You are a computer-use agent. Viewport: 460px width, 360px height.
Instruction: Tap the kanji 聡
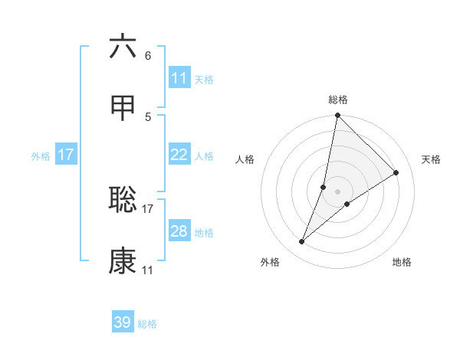123,200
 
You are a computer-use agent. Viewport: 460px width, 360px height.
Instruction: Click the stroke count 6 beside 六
147,55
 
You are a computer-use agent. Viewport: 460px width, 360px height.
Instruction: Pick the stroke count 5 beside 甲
147,116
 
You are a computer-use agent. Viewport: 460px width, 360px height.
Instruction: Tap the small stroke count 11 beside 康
147,270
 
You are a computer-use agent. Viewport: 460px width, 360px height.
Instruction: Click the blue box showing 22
179,155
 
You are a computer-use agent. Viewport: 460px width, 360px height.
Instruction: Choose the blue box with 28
179,231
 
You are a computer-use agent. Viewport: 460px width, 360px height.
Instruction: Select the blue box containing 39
123,322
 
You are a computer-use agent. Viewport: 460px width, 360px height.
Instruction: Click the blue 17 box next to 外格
66,155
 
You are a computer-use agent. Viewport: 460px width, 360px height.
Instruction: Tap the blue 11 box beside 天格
179,77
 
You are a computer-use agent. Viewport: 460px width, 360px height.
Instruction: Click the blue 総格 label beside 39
147,324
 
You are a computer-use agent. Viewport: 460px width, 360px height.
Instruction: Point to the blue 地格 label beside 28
204,232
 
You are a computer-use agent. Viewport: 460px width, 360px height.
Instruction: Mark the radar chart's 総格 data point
337,116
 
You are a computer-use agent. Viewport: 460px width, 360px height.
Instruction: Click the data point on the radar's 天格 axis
396,172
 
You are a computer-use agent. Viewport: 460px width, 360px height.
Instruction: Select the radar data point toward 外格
302,242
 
